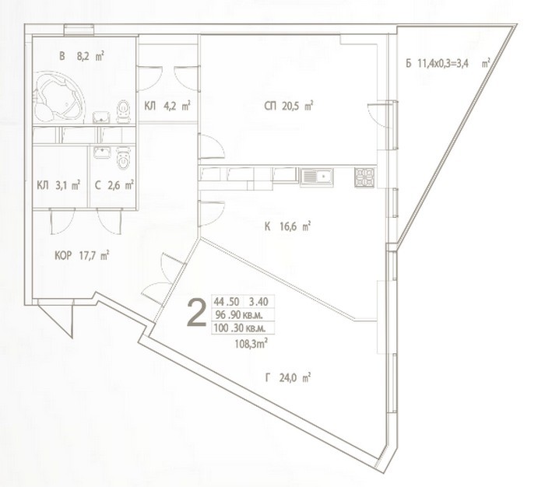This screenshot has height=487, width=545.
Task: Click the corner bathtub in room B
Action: (x=58, y=97)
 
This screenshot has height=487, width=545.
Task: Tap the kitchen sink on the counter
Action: (x=317, y=177)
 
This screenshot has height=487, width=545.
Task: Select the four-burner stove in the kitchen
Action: (x=364, y=177)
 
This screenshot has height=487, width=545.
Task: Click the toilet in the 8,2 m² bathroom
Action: (x=123, y=111)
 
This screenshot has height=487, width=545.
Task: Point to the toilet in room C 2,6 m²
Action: (x=123, y=158)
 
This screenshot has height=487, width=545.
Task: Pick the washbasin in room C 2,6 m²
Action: (x=102, y=152)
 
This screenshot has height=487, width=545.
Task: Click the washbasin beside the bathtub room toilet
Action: (x=101, y=117)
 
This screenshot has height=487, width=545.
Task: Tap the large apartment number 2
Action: (x=197, y=313)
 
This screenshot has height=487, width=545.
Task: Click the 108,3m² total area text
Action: (x=251, y=344)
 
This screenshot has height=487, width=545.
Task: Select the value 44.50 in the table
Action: (x=227, y=302)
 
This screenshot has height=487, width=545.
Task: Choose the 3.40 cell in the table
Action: (x=259, y=302)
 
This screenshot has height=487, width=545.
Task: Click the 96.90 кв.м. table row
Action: (x=239, y=315)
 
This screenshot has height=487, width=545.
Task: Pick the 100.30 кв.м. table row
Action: (x=240, y=328)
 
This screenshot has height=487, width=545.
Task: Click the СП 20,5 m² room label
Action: (x=289, y=106)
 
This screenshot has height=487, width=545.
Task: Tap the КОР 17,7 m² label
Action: (x=82, y=256)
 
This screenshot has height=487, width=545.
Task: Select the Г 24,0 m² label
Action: (x=288, y=377)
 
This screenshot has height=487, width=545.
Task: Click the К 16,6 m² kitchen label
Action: (x=287, y=227)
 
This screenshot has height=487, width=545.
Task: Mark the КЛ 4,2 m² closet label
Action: (x=167, y=106)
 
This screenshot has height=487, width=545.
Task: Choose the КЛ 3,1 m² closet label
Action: (x=58, y=185)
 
